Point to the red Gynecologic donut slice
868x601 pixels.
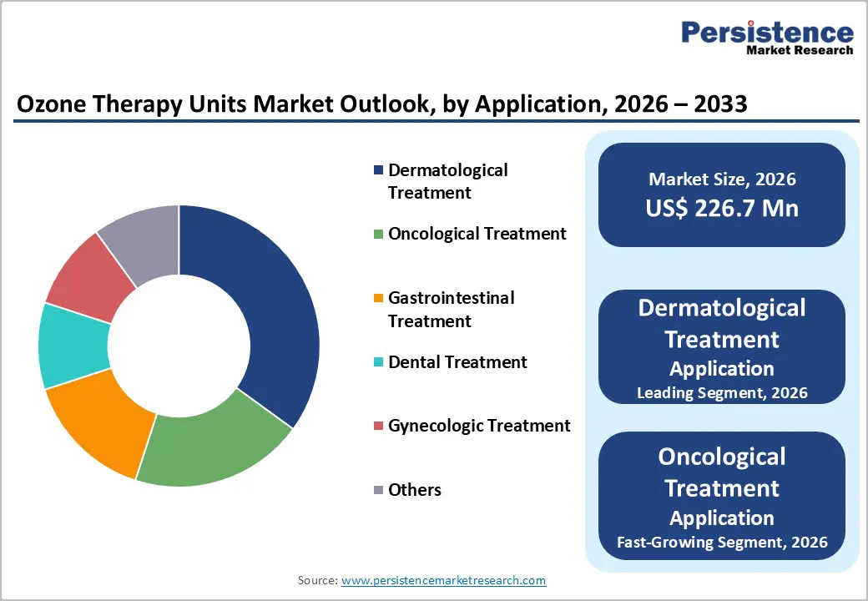[92, 275]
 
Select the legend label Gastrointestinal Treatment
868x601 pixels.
[451, 310]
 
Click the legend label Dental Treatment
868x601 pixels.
[457, 362]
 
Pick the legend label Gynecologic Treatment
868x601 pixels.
[479, 426]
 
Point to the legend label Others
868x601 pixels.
[415, 490]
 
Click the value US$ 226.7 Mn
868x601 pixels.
[722, 208]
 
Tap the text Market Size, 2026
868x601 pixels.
[722, 179]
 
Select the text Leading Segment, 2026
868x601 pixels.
[722, 392]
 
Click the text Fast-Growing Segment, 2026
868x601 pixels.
[722, 542]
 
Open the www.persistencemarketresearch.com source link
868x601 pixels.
[443, 580]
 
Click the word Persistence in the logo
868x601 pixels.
[767, 33]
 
